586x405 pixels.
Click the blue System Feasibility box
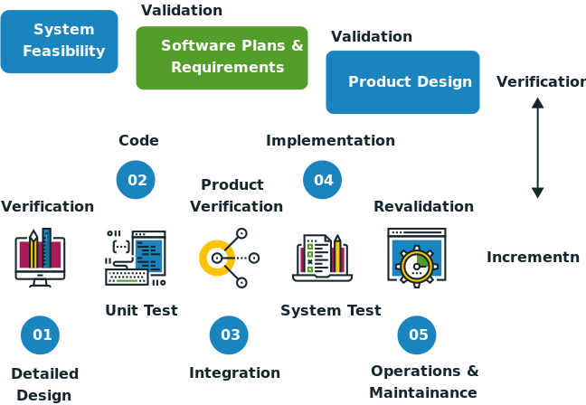pyautogui.click(x=60, y=42)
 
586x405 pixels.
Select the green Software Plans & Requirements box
pyautogui.click(x=222, y=57)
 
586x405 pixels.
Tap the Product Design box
pyautogui.click(x=402, y=82)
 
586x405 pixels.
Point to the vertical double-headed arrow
pyautogui.click(x=538, y=148)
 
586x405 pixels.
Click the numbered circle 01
pyautogui.click(x=42, y=335)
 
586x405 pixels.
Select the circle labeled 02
pyautogui.click(x=137, y=180)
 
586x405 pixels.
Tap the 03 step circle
pyautogui.click(x=230, y=335)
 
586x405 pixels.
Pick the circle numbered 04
pyautogui.click(x=323, y=180)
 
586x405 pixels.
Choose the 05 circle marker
pyautogui.click(x=418, y=335)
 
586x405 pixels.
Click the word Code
pyautogui.click(x=138, y=140)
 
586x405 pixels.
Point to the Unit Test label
pyautogui.click(x=141, y=310)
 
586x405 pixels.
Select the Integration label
pyautogui.click(x=234, y=372)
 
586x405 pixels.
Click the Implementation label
pyautogui.click(x=330, y=140)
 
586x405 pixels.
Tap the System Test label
pyautogui.click(x=330, y=310)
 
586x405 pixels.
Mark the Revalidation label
pyautogui.click(x=423, y=206)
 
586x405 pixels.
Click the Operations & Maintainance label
pyautogui.click(x=424, y=381)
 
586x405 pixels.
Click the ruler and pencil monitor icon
pyautogui.click(x=40, y=257)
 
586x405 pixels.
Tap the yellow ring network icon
pyautogui.click(x=229, y=257)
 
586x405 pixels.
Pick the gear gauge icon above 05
pyautogui.click(x=417, y=257)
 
